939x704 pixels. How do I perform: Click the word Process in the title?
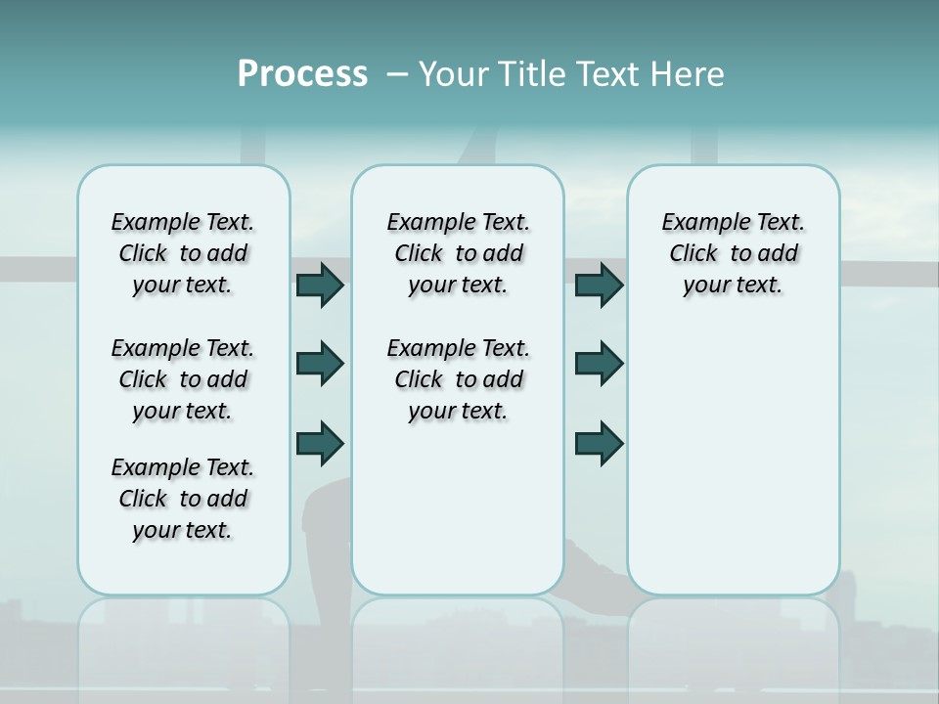point(302,74)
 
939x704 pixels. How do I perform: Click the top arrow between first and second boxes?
point(320,286)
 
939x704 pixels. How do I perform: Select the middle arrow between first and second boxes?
point(320,364)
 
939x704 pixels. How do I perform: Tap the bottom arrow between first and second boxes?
point(320,443)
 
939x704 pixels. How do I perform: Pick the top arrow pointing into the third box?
point(599,286)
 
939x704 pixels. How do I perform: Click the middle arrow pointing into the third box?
point(599,364)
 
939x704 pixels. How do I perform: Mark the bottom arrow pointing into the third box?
point(599,443)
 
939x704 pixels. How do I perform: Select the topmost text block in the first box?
point(183,253)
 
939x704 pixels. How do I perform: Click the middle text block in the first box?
point(183,379)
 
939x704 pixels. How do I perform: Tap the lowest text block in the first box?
point(183,499)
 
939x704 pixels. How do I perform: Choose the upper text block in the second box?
point(458,253)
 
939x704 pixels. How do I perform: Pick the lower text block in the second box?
point(458,379)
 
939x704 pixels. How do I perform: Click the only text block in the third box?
point(733,253)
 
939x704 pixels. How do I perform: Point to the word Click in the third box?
point(693,254)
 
